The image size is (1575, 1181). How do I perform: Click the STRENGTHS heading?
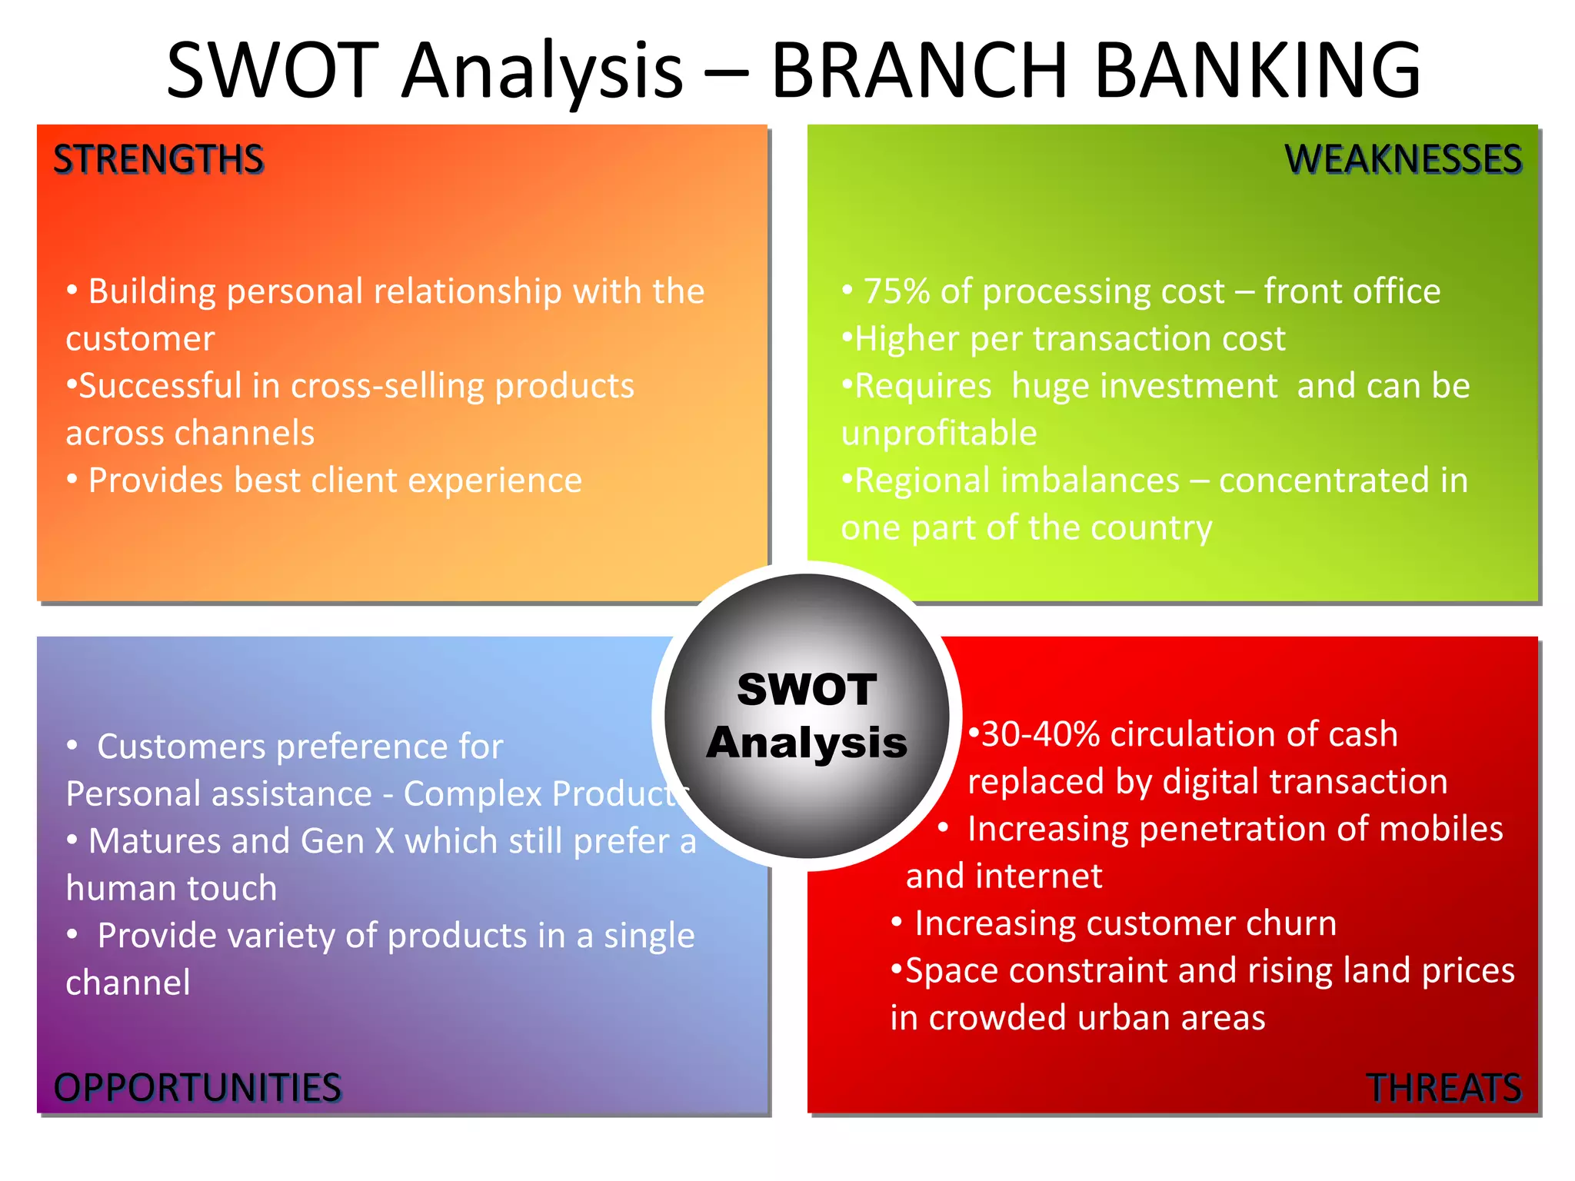(x=158, y=160)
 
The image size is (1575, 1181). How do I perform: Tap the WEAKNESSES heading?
(x=1403, y=160)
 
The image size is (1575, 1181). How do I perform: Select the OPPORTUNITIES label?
(x=197, y=1087)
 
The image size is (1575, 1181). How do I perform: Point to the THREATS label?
(x=1443, y=1087)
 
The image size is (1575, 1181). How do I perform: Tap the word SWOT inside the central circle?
(x=807, y=689)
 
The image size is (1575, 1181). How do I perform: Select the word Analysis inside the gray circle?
(x=807, y=743)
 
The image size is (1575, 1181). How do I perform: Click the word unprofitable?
(x=939, y=434)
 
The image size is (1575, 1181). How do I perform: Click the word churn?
(x=1291, y=923)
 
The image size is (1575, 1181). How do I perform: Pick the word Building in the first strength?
(x=152, y=292)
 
